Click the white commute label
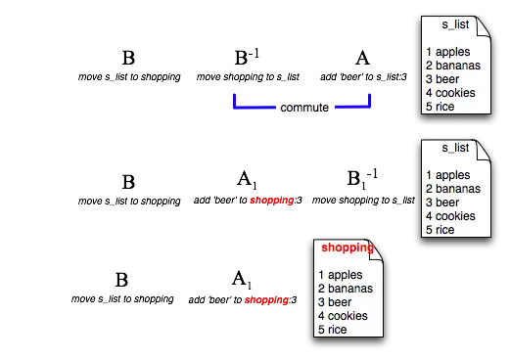[304, 107]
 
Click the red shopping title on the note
[347, 247]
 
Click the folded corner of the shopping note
[375, 245]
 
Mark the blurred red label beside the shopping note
[266, 300]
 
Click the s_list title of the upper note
[456, 24]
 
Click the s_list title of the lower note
[456, 148]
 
